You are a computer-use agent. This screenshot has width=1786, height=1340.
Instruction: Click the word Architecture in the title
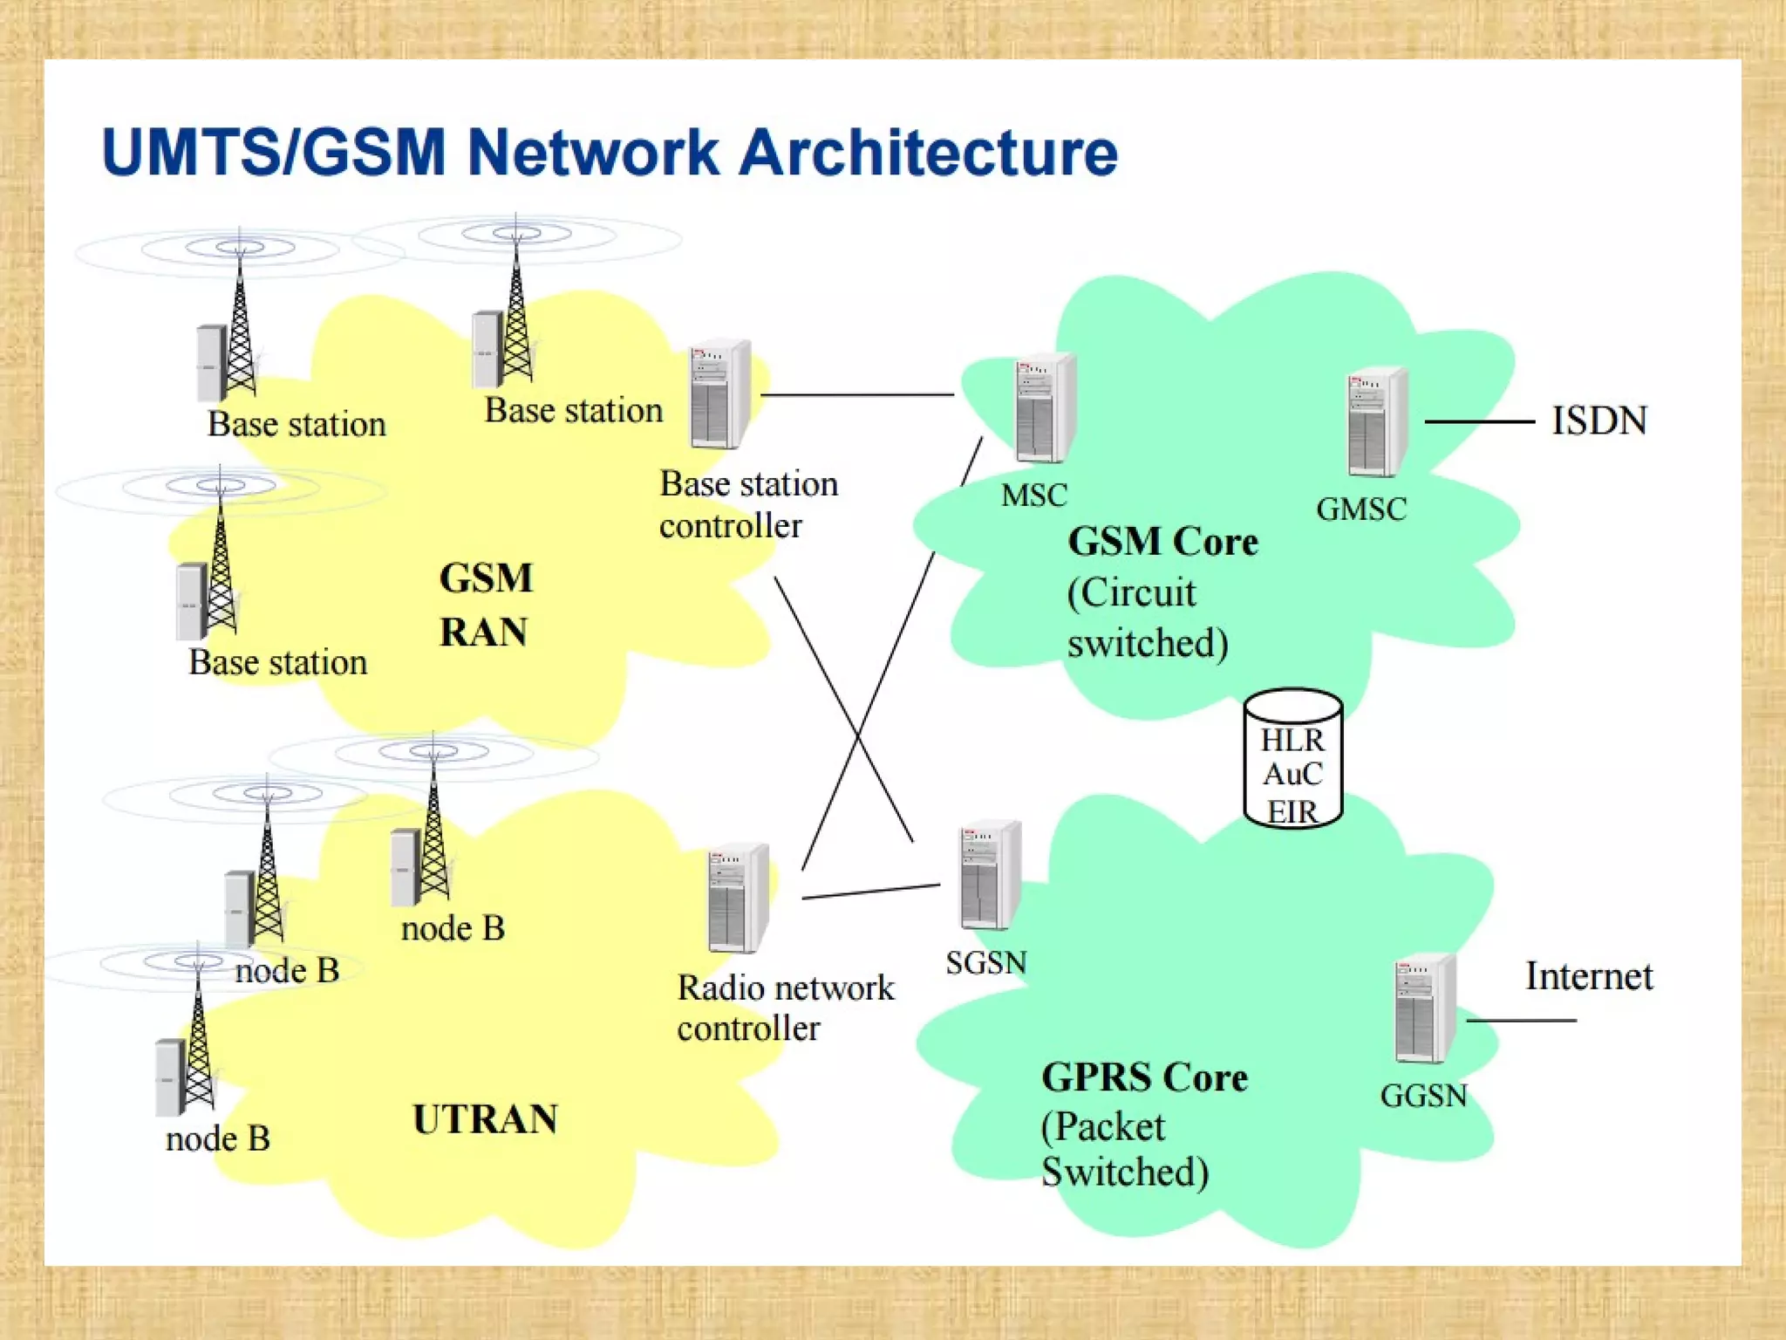click(x=928, y=153)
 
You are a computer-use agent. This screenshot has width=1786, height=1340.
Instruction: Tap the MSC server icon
click(x=1044, y=408)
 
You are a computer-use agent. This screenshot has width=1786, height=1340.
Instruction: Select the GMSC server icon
click(x=1376, y=422)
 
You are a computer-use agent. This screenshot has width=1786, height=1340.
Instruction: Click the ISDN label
click(x=1599, y=421)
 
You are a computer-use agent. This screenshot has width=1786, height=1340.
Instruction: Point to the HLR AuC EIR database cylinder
click(x=1292, y=759)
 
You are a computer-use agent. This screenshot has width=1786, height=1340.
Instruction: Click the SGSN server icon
click(x=990, y=876)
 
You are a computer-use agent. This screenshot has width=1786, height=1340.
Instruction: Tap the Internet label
click(x=1588, y=976)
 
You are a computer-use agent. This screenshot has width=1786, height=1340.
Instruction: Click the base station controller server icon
click(x=719, y=395)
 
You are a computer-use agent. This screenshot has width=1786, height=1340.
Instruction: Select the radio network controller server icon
click(x=738, y=899)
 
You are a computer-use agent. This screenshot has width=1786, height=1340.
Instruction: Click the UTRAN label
click(x=485, y=1119)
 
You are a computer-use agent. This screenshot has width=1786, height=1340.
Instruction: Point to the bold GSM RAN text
click(x=485, y=604)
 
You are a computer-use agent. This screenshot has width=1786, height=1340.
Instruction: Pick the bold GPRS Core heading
click(x=1144, y=1077)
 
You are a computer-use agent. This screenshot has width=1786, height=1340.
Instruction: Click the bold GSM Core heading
click(x=1162, y=542)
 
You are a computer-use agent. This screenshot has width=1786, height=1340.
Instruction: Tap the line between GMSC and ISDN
click(x=1479, y=422)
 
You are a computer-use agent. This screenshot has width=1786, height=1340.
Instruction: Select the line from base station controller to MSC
click(x=856, y=395)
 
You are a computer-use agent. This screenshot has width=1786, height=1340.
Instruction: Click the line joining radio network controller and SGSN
click(x=870, y=892)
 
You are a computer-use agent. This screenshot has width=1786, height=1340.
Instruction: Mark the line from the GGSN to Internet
click(x=1521, y=1020)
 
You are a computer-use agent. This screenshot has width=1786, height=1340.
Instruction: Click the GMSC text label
click(x=1360, y=509)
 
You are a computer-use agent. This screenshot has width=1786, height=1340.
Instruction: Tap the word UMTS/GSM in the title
click(x=274, y=153)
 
